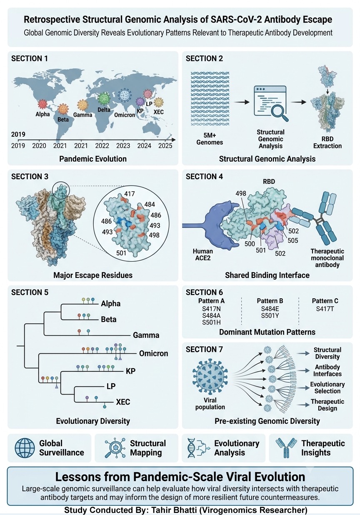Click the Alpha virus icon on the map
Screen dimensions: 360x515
pyautogui.click(x=42, y=104)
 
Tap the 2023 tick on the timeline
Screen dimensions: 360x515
pyautogui.click(x=123, y=145)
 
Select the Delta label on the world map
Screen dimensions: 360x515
pyautogui.click(x=104, y=110)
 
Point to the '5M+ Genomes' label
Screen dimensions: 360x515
pyautogui.click(x=210, y=139)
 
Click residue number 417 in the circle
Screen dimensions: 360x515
pyautogui.click(x=130, y=194)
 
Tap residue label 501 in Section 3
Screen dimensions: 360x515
pyautogui.click(x=121, y=253)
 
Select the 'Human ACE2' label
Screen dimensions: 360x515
pyautogui.click(x=203, y=255)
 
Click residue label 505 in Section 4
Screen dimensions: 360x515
pyautogui.click(x=293, y=240)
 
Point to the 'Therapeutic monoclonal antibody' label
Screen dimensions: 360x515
pyautogui.click(x=327, y=258)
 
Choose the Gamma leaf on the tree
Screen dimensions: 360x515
pyautogui.click(x=146, y=335)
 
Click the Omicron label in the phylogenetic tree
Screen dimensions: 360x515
pyautogui.click(x=154, y=353)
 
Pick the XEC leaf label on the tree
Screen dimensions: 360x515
pyautogui.click(x=123, y=402)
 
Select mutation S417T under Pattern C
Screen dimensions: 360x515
pyautogui.click(x=325, y=309)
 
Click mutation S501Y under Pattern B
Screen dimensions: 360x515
pyautogui.click(x=270, y=316)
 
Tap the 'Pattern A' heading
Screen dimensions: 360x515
pyautogui.click(x=211, y=301)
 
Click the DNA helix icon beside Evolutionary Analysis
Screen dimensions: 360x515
pyautogui.click(x=192, y=448)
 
